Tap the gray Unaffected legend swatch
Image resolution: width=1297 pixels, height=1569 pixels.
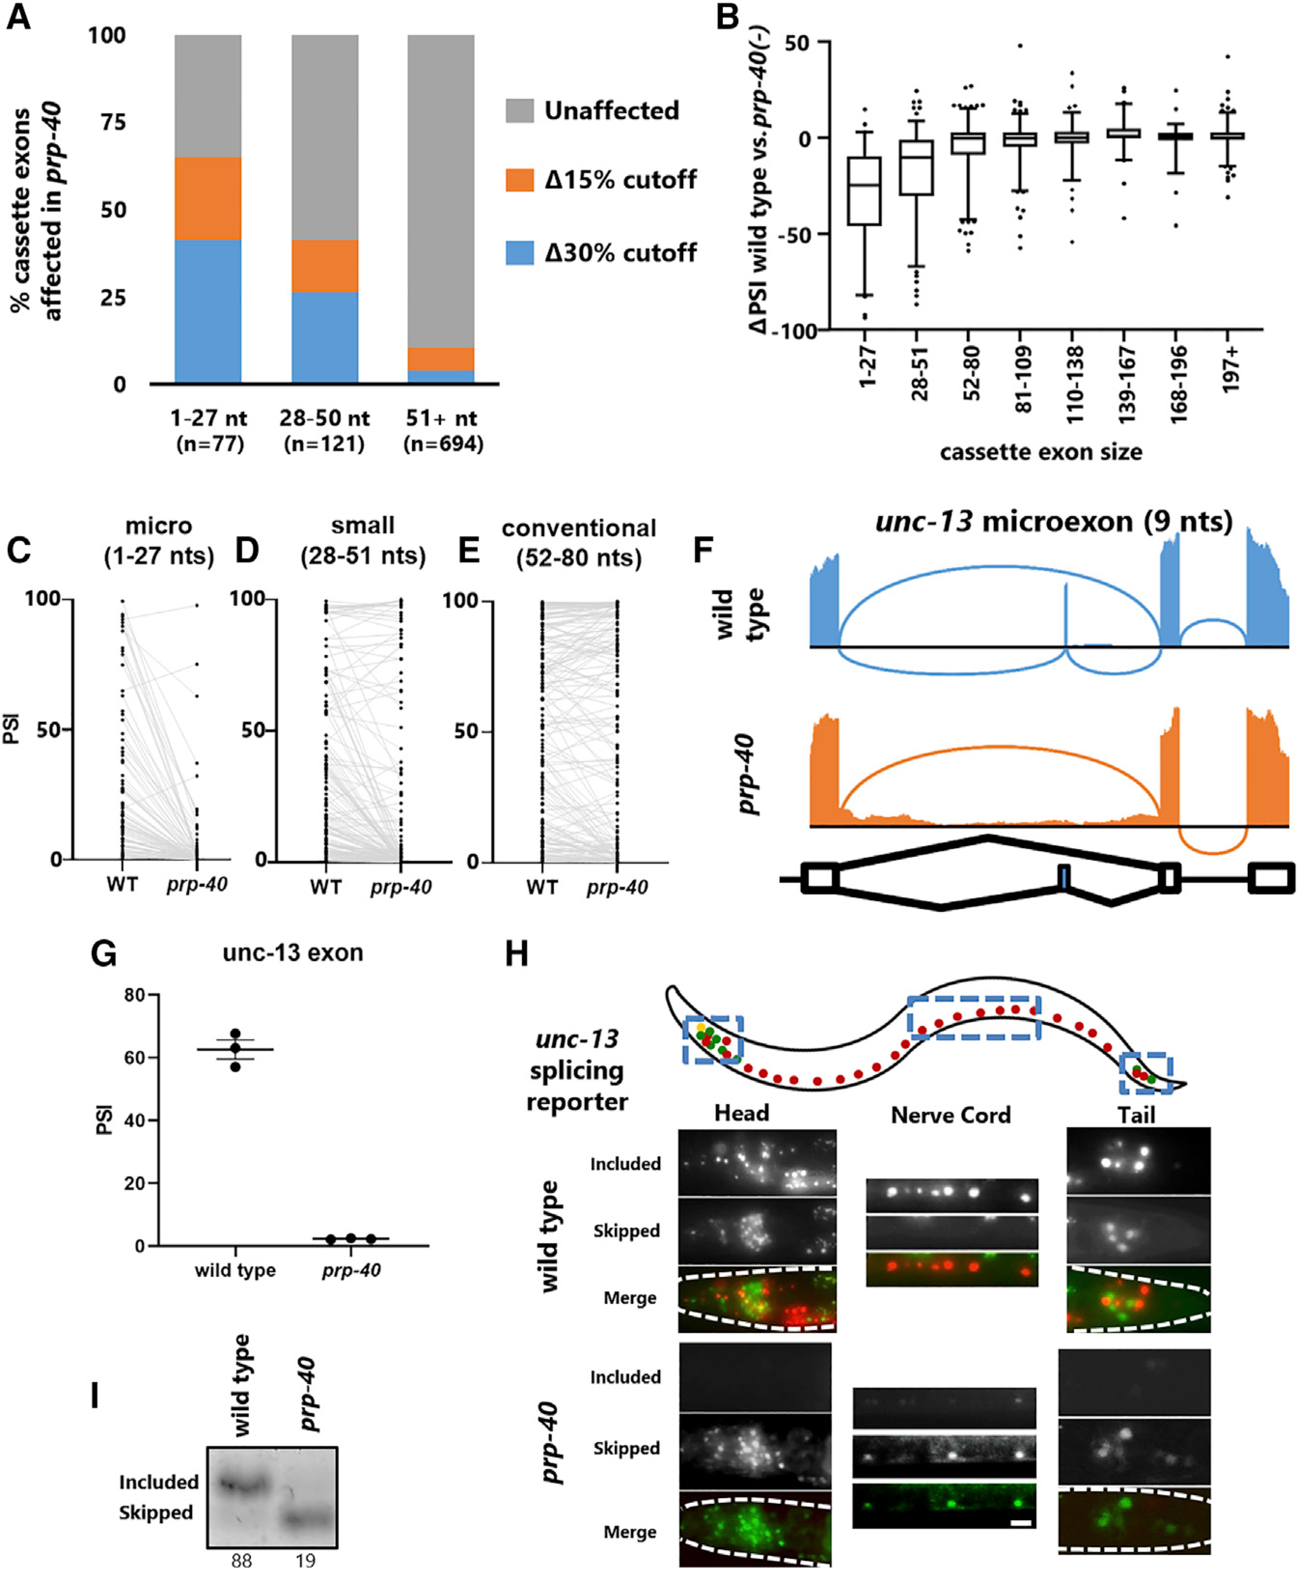(519, 111)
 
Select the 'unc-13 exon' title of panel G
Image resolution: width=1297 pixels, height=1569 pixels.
(293, 953)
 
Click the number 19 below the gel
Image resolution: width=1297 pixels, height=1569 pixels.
(304, 1559)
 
